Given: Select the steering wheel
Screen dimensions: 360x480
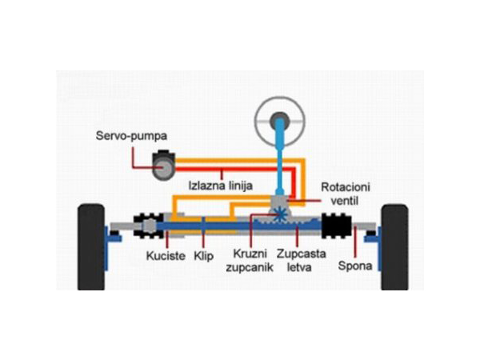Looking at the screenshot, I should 279,121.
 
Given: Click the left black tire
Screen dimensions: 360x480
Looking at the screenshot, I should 91,246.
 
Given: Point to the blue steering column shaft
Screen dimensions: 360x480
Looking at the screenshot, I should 280,164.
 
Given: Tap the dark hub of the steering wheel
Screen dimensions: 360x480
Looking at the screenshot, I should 279,121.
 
